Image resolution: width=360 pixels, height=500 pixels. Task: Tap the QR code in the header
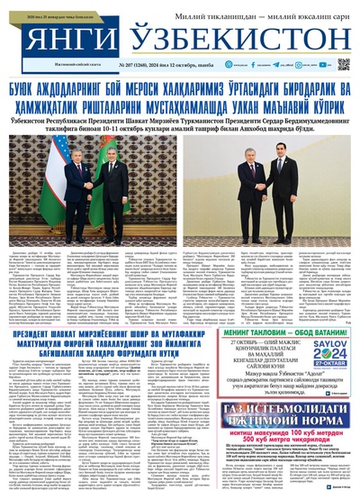click(344, 64)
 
